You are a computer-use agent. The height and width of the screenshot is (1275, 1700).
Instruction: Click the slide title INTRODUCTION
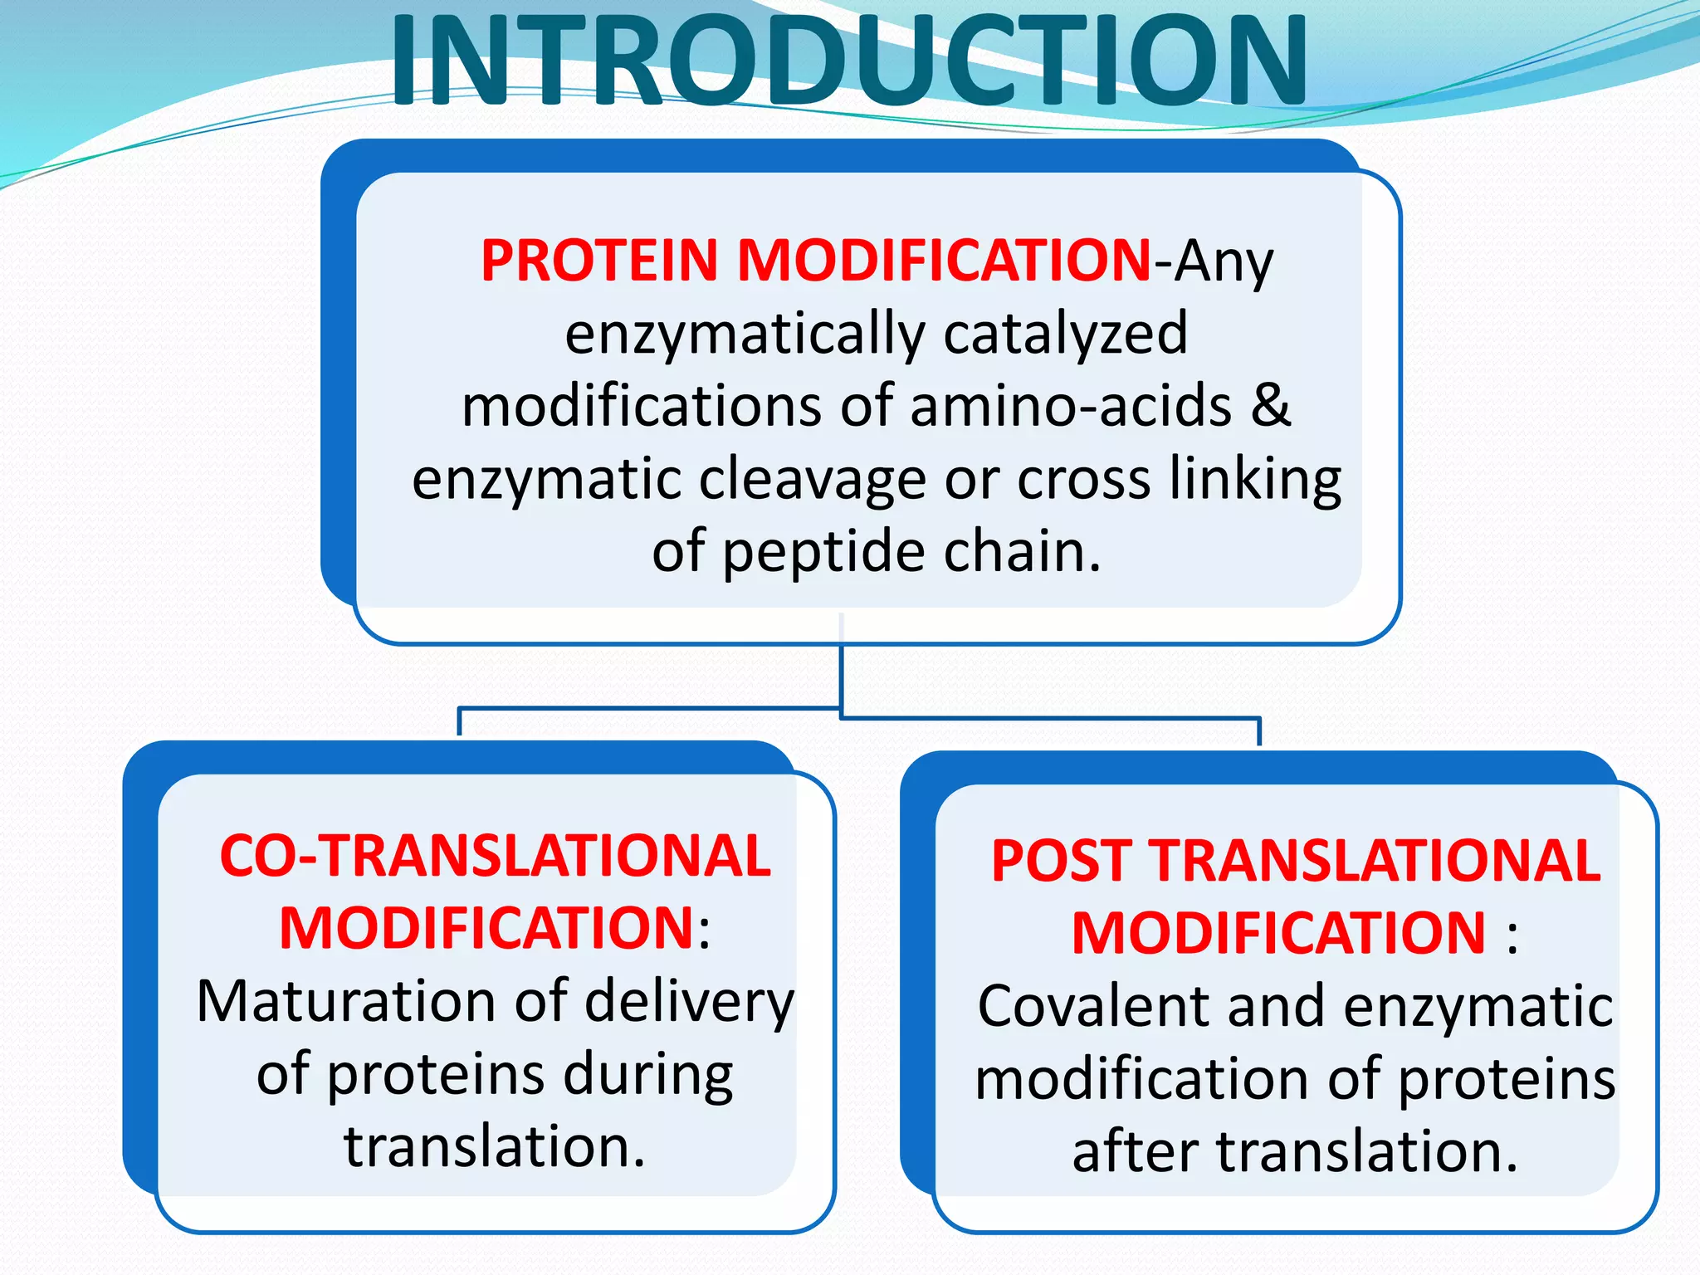(848, 62)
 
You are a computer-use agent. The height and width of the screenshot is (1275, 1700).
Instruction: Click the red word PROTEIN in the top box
(598, 261)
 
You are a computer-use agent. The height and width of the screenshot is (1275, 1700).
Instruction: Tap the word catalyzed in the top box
(1065, 334)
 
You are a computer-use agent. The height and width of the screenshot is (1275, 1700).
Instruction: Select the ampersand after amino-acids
(1271, 406)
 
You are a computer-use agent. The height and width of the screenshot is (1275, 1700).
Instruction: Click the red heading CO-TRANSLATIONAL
(496, 856)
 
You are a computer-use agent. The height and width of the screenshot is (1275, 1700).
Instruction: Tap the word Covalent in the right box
(1092, 1006)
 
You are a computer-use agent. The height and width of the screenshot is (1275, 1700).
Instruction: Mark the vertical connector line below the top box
(841, 672)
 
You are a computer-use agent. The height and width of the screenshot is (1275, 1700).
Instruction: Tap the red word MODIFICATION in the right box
(1278, 934)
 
